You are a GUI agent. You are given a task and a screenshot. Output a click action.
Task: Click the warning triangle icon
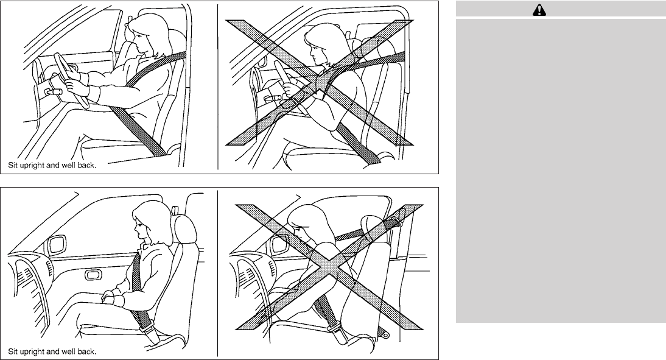(539, 10)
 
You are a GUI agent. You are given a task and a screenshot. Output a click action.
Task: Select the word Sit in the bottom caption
(13, 352)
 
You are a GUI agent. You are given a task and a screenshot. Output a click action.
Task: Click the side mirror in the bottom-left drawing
(57, 245)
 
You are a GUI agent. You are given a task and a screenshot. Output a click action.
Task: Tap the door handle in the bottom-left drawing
(93, 275)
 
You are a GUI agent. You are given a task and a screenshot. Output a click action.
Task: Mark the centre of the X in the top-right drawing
(319, 82)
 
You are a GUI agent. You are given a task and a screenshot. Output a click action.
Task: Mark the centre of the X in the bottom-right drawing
(329, 267)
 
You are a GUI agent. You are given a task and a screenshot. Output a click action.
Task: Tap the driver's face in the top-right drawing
(316, 52)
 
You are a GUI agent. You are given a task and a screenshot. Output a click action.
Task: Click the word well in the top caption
(68, 165)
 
